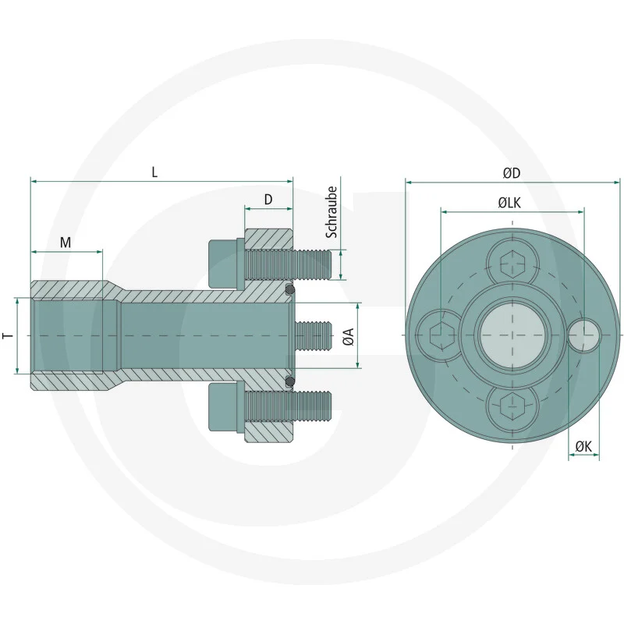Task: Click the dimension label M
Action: pyautogui.click(x=66, y=243)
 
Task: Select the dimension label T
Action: pyautogui.click(x=7, y=335)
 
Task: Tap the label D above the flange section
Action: pyautogui.click(x=268, y=200)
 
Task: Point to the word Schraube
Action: pyautogui.click(x=331, y=212)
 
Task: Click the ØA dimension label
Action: pyautogui.click(x=349, y=336)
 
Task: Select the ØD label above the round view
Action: pyautogui.click(x=512, y=173)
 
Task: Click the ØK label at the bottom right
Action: pyautogui.click(x=583, y=445)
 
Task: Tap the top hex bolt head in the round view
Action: pyautogui.click(x=512, y=264)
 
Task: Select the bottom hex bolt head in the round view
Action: pyautogui.click(x=512, y=408)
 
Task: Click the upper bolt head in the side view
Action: pyautogui.click(x=223, y=262)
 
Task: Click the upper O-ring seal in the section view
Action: pyautogui.click(x=290, y=290)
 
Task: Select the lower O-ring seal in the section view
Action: pyautogui.click(x=290, y=381)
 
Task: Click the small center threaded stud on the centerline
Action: pyautogui.click(x=311, y=335)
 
